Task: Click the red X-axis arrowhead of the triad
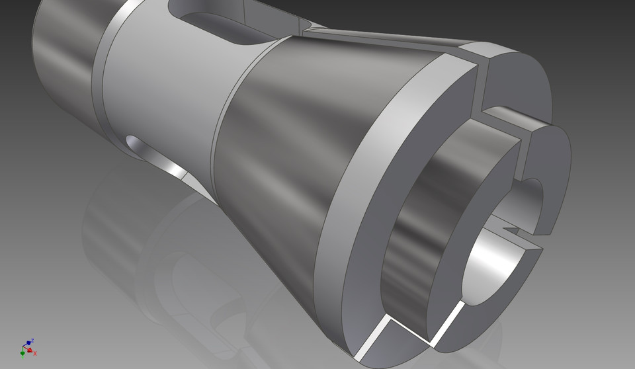click(x=30, y=350)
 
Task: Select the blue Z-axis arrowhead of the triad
click(x=30, y=343)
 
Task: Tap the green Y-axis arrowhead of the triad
click(x=22, y=353)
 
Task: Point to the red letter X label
click(x=35, y=354)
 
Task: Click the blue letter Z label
click(x=33, y=339)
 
